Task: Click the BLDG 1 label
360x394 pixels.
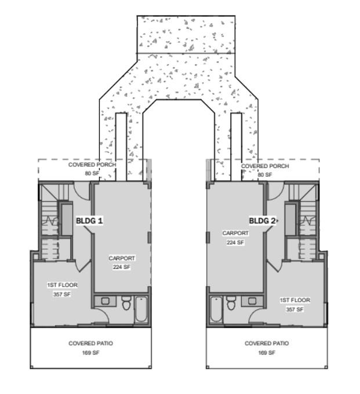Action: point(89,221)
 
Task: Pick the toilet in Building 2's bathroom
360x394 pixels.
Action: point(231,302)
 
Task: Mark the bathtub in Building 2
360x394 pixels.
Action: point(215,310)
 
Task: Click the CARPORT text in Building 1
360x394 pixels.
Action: point(122,258)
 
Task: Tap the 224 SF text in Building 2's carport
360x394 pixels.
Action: point(235,243)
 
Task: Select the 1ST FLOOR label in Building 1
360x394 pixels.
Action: point(62,285)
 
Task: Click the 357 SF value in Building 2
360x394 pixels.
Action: point(294,309)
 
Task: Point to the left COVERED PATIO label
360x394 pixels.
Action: point(90,344)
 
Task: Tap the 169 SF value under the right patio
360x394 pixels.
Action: point(266,352)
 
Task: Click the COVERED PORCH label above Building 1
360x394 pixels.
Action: point(92,165)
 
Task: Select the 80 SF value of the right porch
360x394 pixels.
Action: point(264,174)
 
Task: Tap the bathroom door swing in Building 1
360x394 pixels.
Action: point(100,315)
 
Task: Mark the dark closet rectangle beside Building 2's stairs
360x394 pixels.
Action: point(290,219)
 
